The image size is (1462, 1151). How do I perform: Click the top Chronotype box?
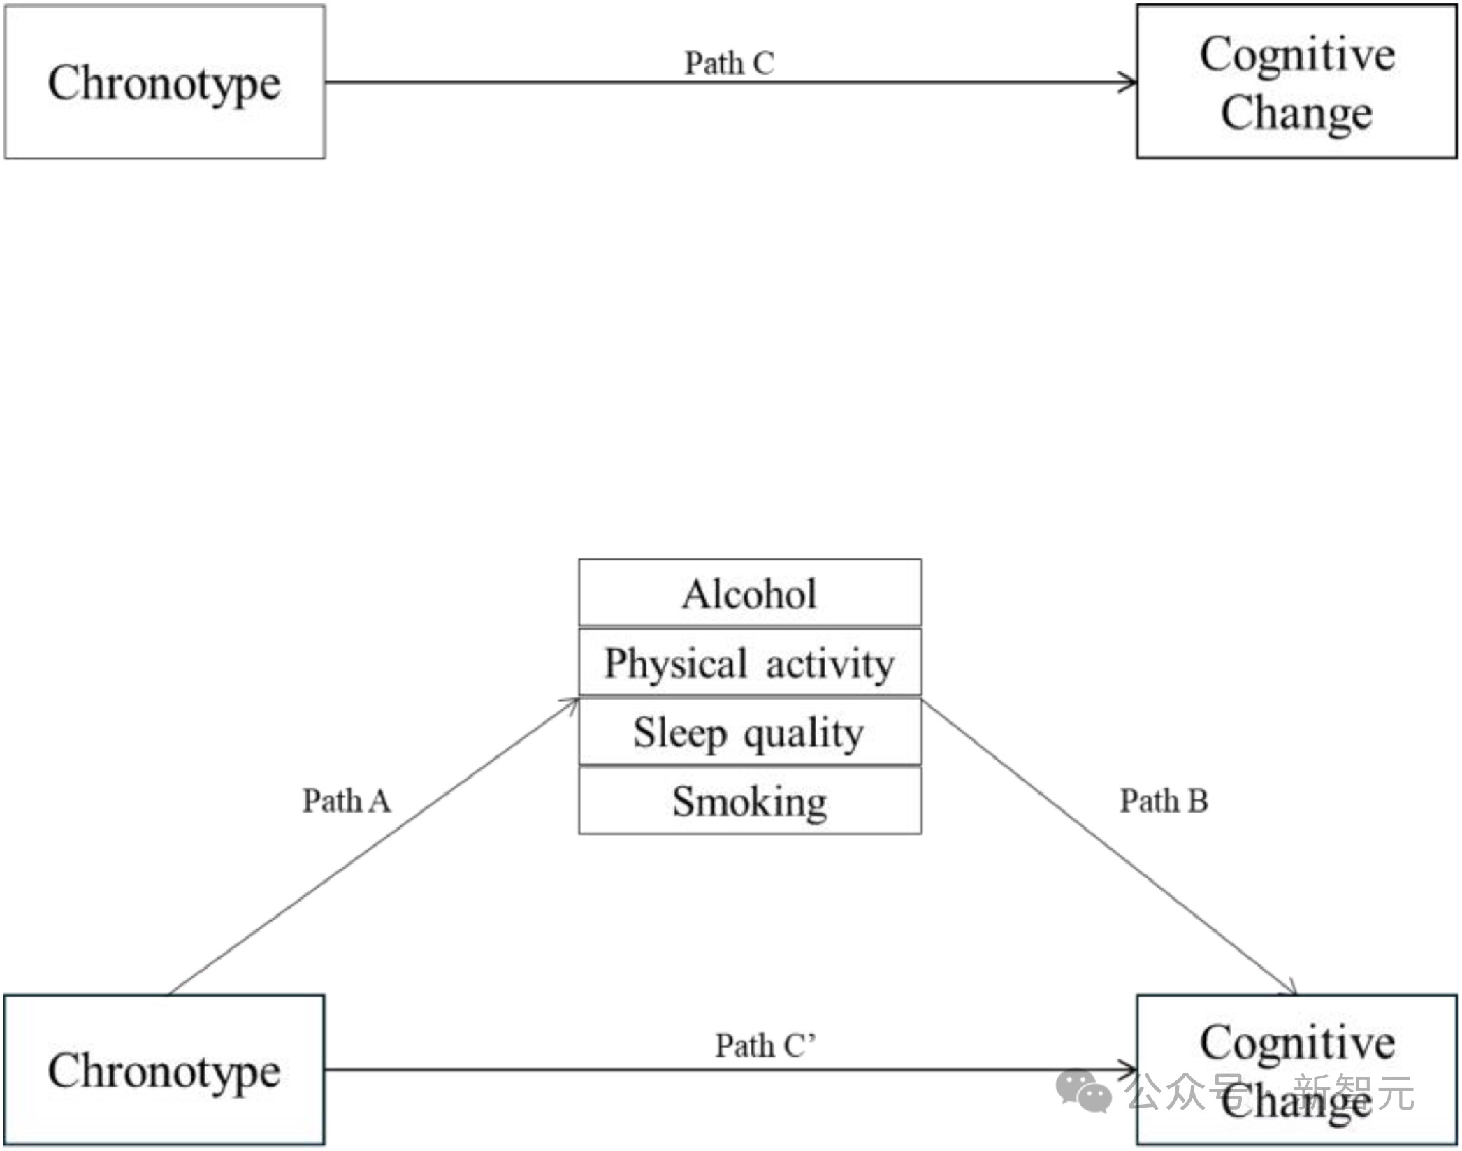[x=165, y=82]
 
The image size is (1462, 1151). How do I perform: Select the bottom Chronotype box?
[x=165, y=1070]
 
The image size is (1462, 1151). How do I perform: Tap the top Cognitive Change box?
[x=1296, y=82]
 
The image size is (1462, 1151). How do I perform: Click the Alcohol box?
[x=750, y=593]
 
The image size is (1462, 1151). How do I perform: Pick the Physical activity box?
[x=750, y=663]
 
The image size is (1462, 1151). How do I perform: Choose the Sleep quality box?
[x=750, y=732]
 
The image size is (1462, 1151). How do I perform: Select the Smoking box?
[x=750, y=801]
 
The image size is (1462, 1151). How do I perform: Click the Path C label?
[x=729, y=63]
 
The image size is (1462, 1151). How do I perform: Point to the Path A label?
[x=347, y=801]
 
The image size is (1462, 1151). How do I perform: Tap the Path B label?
[x=1164, y=801]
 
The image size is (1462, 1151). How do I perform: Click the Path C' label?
[x=765, y=1046]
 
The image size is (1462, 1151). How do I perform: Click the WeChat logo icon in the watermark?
[x=1083, y=1091]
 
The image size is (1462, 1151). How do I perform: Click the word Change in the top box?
[x=1296, y=113]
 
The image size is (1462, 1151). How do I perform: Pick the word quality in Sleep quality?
[x=804, y=734]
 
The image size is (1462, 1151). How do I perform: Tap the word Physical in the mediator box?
[x=676, y=664]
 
